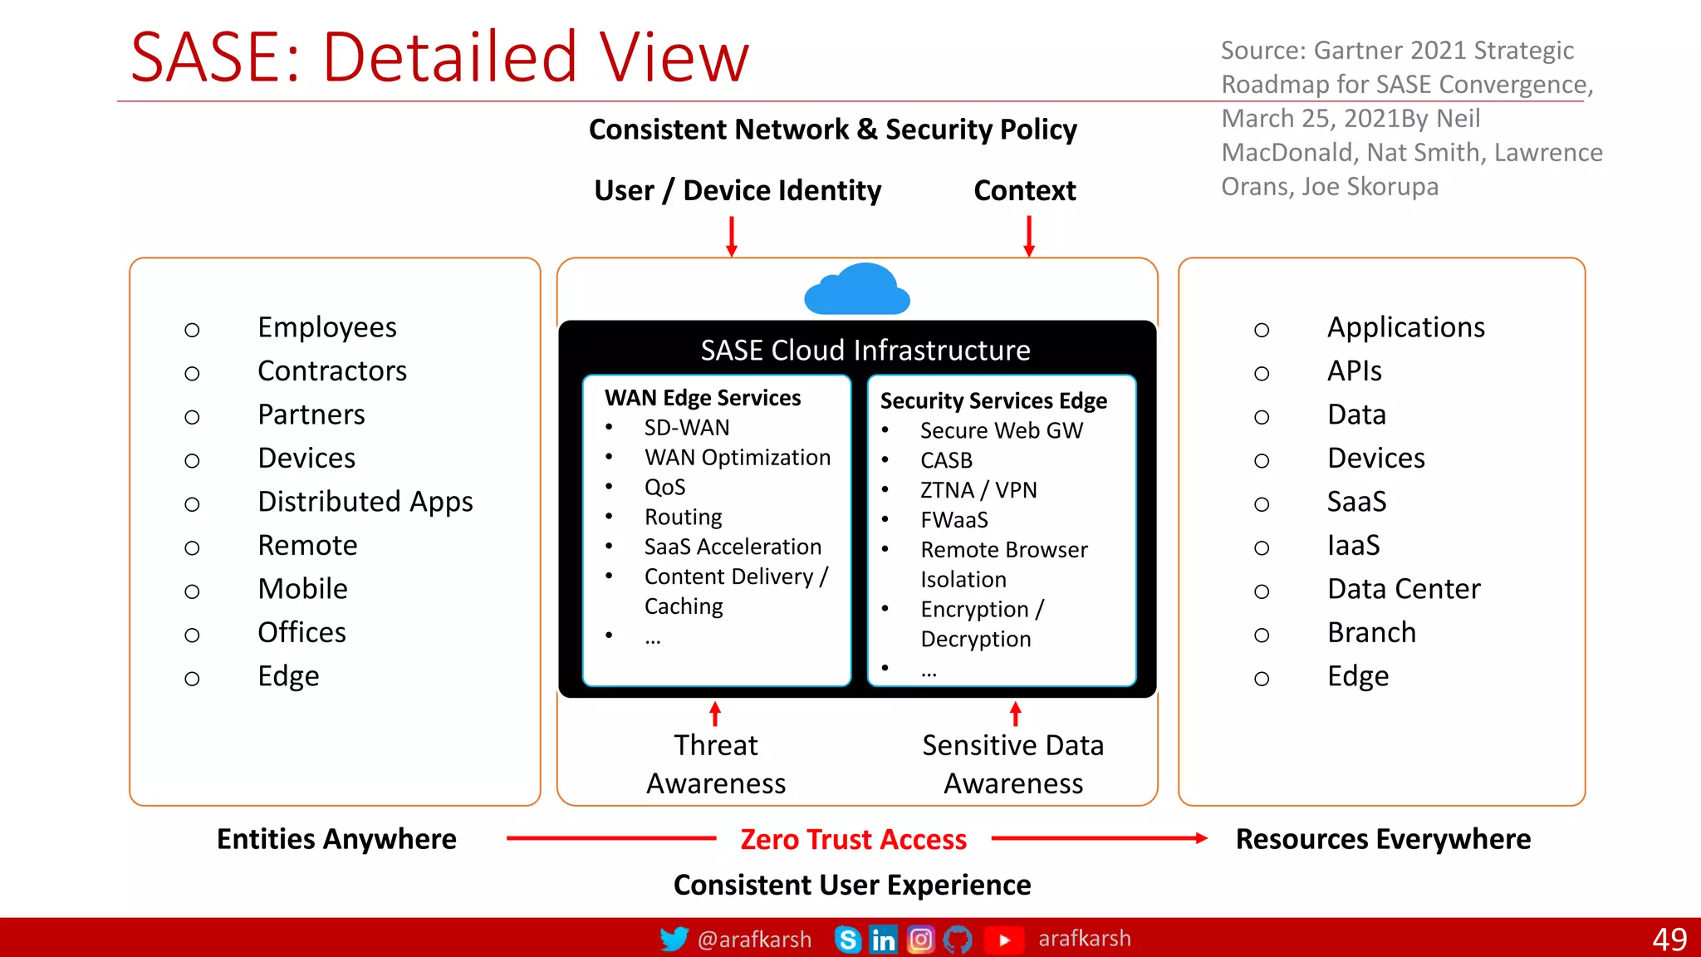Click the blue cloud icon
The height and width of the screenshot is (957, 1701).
click(x=857, y=291)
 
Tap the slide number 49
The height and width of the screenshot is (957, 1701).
click(x=1669, y=940)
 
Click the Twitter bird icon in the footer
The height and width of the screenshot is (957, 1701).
click(x=674, y=939)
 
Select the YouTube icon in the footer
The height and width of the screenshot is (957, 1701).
click(x=1003, y=940)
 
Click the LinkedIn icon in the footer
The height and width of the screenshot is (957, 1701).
click(x=883, y=940)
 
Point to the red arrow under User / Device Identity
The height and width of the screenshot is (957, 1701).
click(x=732, y=236)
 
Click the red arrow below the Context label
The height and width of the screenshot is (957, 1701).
click(x=1029, y=236)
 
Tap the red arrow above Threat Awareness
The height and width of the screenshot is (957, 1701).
click(x=715, y=714)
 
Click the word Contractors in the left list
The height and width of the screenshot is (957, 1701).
click(x=332, y=371)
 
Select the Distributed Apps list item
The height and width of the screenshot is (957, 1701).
click(x=365, y=502)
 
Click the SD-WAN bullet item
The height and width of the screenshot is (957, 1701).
click(x=687, y=428)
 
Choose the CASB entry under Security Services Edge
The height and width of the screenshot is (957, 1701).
click(x=946, y=460)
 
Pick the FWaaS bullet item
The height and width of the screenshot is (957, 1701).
click(x=954, y=520)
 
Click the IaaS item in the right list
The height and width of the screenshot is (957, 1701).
click(x=1354, y=546)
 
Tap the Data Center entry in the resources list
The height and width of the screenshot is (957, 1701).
click(x=1404, y=589)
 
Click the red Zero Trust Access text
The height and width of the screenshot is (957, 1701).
click(x=853, y=839)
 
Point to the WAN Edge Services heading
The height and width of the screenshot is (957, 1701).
click(x=703, y=398)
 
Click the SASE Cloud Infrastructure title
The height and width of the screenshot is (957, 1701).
click(x=865, y=351)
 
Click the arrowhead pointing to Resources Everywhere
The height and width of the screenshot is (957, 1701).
click(x=1201, y=838)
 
